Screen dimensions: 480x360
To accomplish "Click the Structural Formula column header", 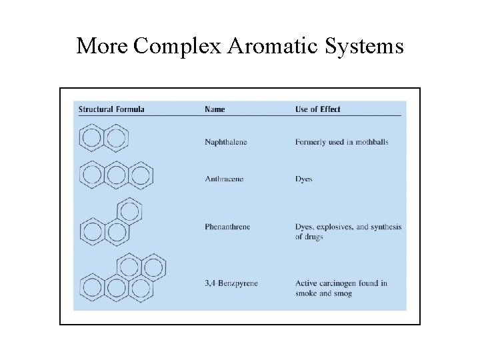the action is (x=111, y=109).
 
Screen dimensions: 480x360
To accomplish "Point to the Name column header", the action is (x=215, y=109).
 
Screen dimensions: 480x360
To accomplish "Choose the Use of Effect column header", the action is (x=317, y=109).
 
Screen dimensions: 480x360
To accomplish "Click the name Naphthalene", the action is (x=225, y=142).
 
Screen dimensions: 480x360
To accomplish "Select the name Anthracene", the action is (x=223, y=179).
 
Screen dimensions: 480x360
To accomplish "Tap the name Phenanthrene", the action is (x=227, y=227).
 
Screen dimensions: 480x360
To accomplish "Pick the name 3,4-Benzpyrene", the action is (x=231, y=283).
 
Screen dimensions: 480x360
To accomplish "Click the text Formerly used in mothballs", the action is (x=341, y=142).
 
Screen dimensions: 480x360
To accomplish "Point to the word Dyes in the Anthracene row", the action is (x=304, y=179).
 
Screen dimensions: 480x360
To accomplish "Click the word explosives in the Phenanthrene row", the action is (x=333, y=227).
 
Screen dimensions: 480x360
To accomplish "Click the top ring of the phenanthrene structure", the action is (x=130, y=211).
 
